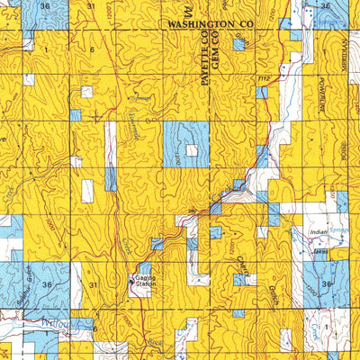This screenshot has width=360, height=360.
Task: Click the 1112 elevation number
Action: (263, 80)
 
